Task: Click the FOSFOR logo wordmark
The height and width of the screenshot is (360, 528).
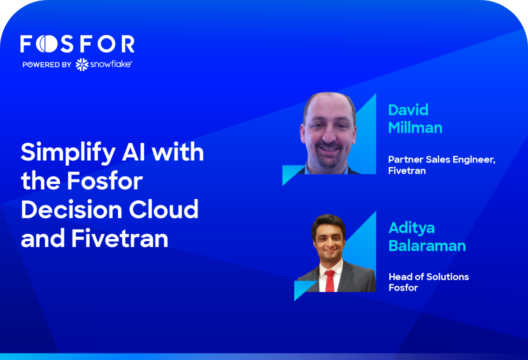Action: tap(77, 44)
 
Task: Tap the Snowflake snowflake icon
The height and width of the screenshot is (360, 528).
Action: tap(82, 64)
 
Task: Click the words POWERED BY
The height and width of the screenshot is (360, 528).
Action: tap(47, 64)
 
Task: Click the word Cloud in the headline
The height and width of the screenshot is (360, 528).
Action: tap(163, 209)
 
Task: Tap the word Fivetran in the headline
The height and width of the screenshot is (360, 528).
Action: tap(119, 238)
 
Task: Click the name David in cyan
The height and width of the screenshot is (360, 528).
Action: tap(408, 110)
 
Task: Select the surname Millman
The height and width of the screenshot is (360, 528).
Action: tap(415, 127)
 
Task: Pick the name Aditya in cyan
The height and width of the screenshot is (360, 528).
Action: tap(411, 228)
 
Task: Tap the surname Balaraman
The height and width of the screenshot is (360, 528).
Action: tap(427, 246)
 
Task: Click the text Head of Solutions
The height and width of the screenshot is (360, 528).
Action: tap(428, 277)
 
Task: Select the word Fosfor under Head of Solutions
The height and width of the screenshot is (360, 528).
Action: tap(403, 287)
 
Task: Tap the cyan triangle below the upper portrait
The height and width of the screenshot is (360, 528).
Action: tap(292, 174)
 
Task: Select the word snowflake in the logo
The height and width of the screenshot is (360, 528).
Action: tap(111, 64)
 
